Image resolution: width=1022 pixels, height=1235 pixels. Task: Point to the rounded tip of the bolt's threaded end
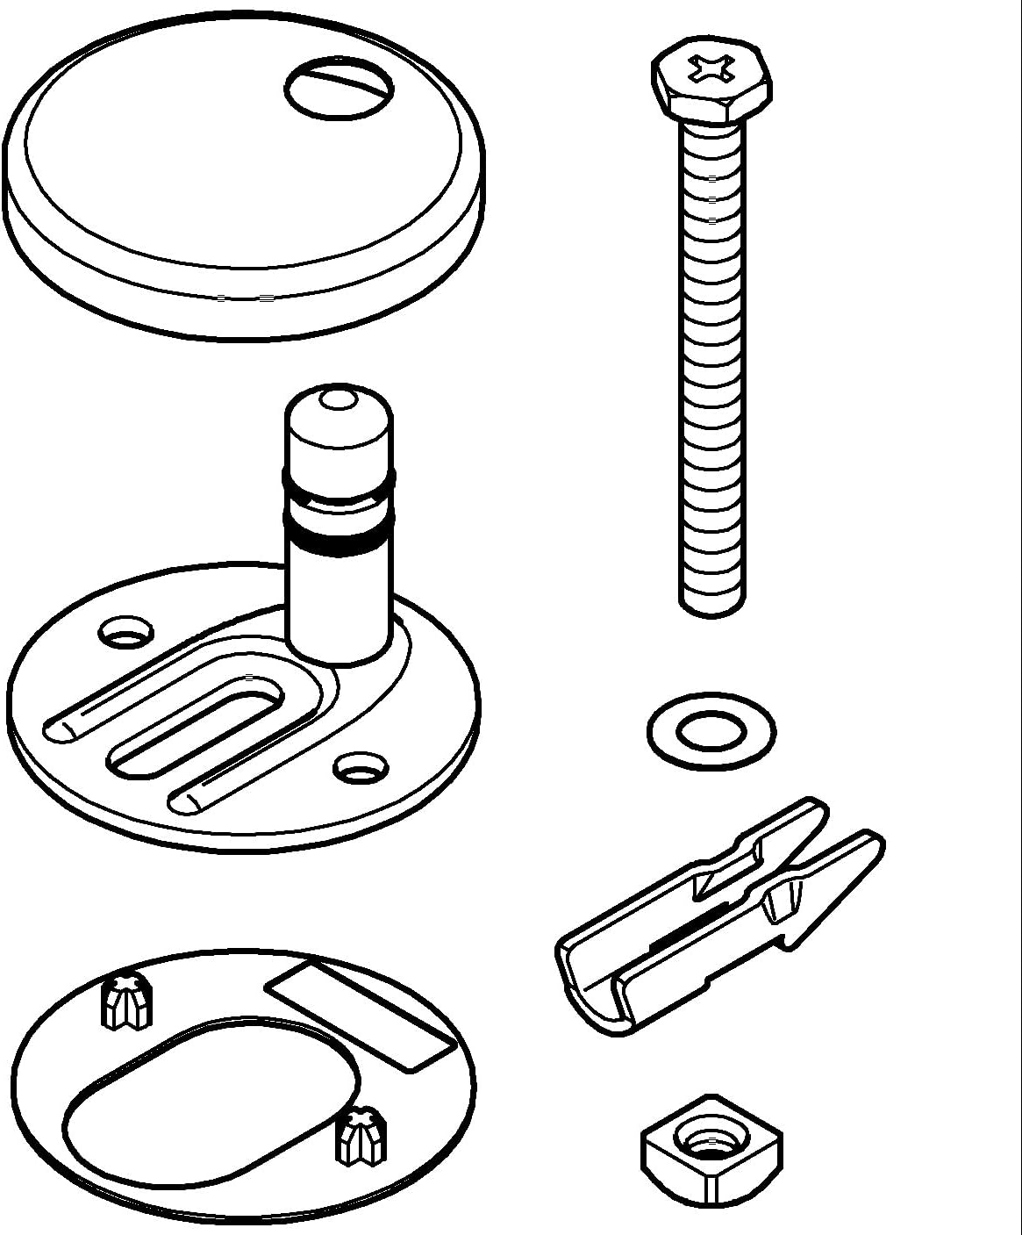712,607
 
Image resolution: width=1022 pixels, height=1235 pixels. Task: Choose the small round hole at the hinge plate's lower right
361,767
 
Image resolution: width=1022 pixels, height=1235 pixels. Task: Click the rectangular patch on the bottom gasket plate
361,1014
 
